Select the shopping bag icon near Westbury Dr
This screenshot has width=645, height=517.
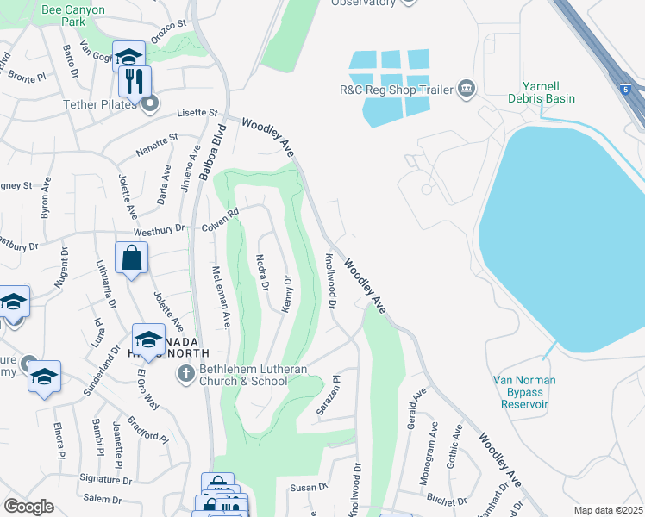[131, 258]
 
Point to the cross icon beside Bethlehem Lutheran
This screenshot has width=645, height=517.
[185, 374]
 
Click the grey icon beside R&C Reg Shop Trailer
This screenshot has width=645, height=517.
[467, 88]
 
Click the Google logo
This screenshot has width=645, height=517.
[28, 507]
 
